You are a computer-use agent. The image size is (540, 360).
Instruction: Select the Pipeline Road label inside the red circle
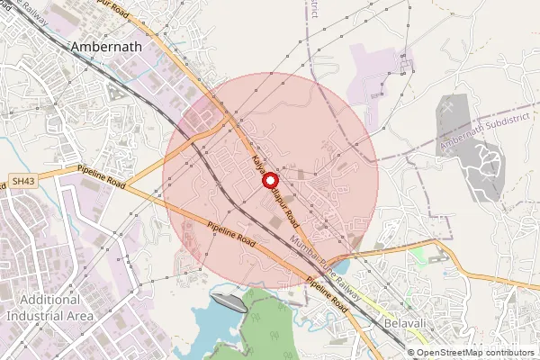pos(231,236)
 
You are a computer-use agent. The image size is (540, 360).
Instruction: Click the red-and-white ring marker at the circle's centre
pos(268,179)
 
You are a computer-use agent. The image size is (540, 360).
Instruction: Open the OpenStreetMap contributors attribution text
pos(476,352)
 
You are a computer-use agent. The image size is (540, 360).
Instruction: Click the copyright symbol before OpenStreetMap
pos(412,352)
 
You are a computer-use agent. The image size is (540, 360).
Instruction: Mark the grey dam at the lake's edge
pos(226,302)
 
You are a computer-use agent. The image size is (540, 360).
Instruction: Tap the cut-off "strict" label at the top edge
pos(313,7)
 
